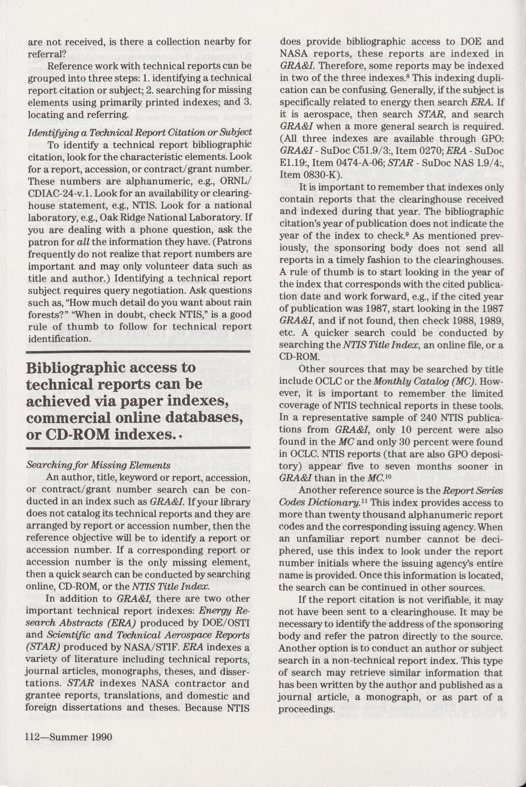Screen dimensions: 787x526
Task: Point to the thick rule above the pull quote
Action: [x=139, y=352]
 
